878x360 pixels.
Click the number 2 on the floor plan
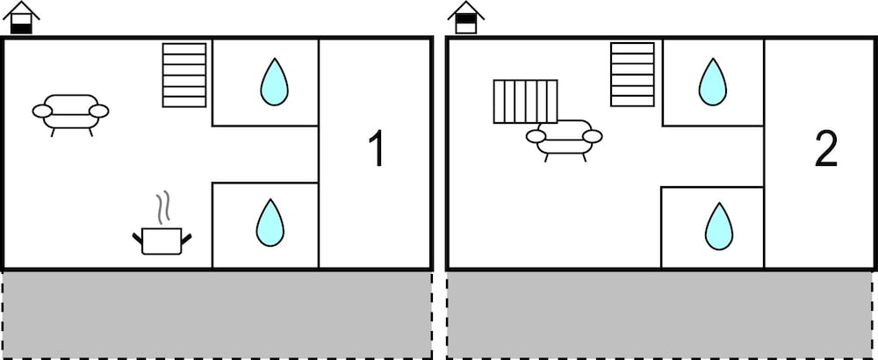[826, 149]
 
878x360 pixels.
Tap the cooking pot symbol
[162, 241]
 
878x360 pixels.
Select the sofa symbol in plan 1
[70, 115]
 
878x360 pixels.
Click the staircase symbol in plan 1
[184, 75]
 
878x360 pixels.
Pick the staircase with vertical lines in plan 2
[525, 101]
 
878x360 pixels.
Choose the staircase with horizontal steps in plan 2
[633, 75]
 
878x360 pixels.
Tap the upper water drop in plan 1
[274, 83]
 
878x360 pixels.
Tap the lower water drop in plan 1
[270, 223]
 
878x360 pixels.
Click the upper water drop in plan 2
[712, 83]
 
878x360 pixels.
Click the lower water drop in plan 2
[719, 227]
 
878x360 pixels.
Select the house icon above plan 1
[21, 18]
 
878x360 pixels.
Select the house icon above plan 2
[466, 18]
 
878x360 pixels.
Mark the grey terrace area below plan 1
[217, 314]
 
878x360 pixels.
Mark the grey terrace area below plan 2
[659, 314]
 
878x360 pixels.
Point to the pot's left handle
[137, 239]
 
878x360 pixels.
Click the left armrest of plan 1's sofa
[42, 112]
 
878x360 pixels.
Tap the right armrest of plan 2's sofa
[593, 136]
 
